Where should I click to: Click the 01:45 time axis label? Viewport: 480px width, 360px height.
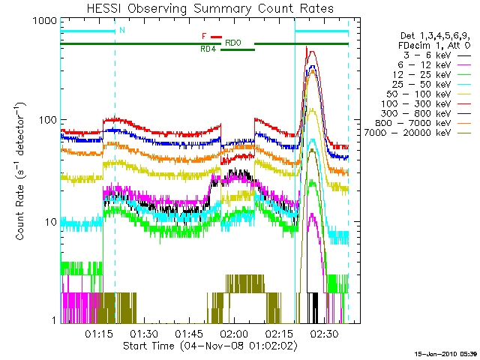190,333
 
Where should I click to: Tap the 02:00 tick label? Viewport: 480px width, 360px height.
235,333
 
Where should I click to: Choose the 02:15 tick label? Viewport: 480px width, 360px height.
280,333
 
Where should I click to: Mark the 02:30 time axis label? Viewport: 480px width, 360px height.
325,333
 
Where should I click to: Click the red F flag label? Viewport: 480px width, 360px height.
203,36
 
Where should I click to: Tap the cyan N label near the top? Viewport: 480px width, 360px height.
121,31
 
